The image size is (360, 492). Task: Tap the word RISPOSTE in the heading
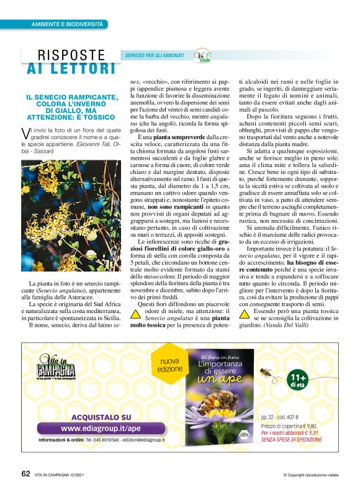(x=72, y=55)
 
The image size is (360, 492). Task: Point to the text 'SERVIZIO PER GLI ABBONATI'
(x=155, y=56)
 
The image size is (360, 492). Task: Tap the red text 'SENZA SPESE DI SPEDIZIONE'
(x=292, y=439)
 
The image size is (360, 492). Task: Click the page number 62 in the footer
(x=25, y=473)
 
